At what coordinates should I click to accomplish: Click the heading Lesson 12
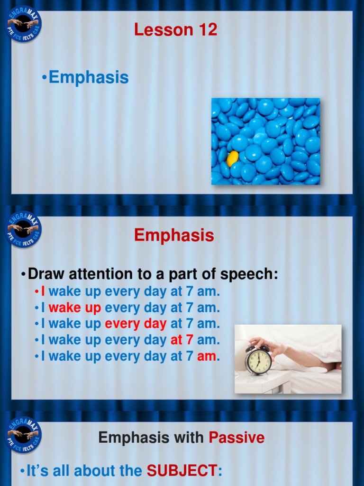coord(175,30)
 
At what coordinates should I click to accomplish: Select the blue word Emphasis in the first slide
coord(89,77)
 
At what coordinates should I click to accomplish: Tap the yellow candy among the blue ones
coord(232,159)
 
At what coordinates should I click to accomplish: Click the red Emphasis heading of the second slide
coord(174,235)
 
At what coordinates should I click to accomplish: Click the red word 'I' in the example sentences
coord(43,291)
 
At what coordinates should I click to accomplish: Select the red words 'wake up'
coord(75,308)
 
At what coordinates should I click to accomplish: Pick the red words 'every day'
coord(136,324)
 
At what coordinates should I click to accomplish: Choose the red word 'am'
coord(207,356)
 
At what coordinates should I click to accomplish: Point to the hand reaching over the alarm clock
coord(268,345)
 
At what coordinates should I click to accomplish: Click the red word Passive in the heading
coord(237,438)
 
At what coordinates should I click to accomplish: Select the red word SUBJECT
coord(182,471)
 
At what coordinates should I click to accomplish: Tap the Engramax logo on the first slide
coord(23,24)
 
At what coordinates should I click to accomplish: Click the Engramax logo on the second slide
coord(23,229)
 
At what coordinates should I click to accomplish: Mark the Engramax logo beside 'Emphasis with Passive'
coord(23,434)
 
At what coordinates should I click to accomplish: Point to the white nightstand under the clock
coord(262,382)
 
